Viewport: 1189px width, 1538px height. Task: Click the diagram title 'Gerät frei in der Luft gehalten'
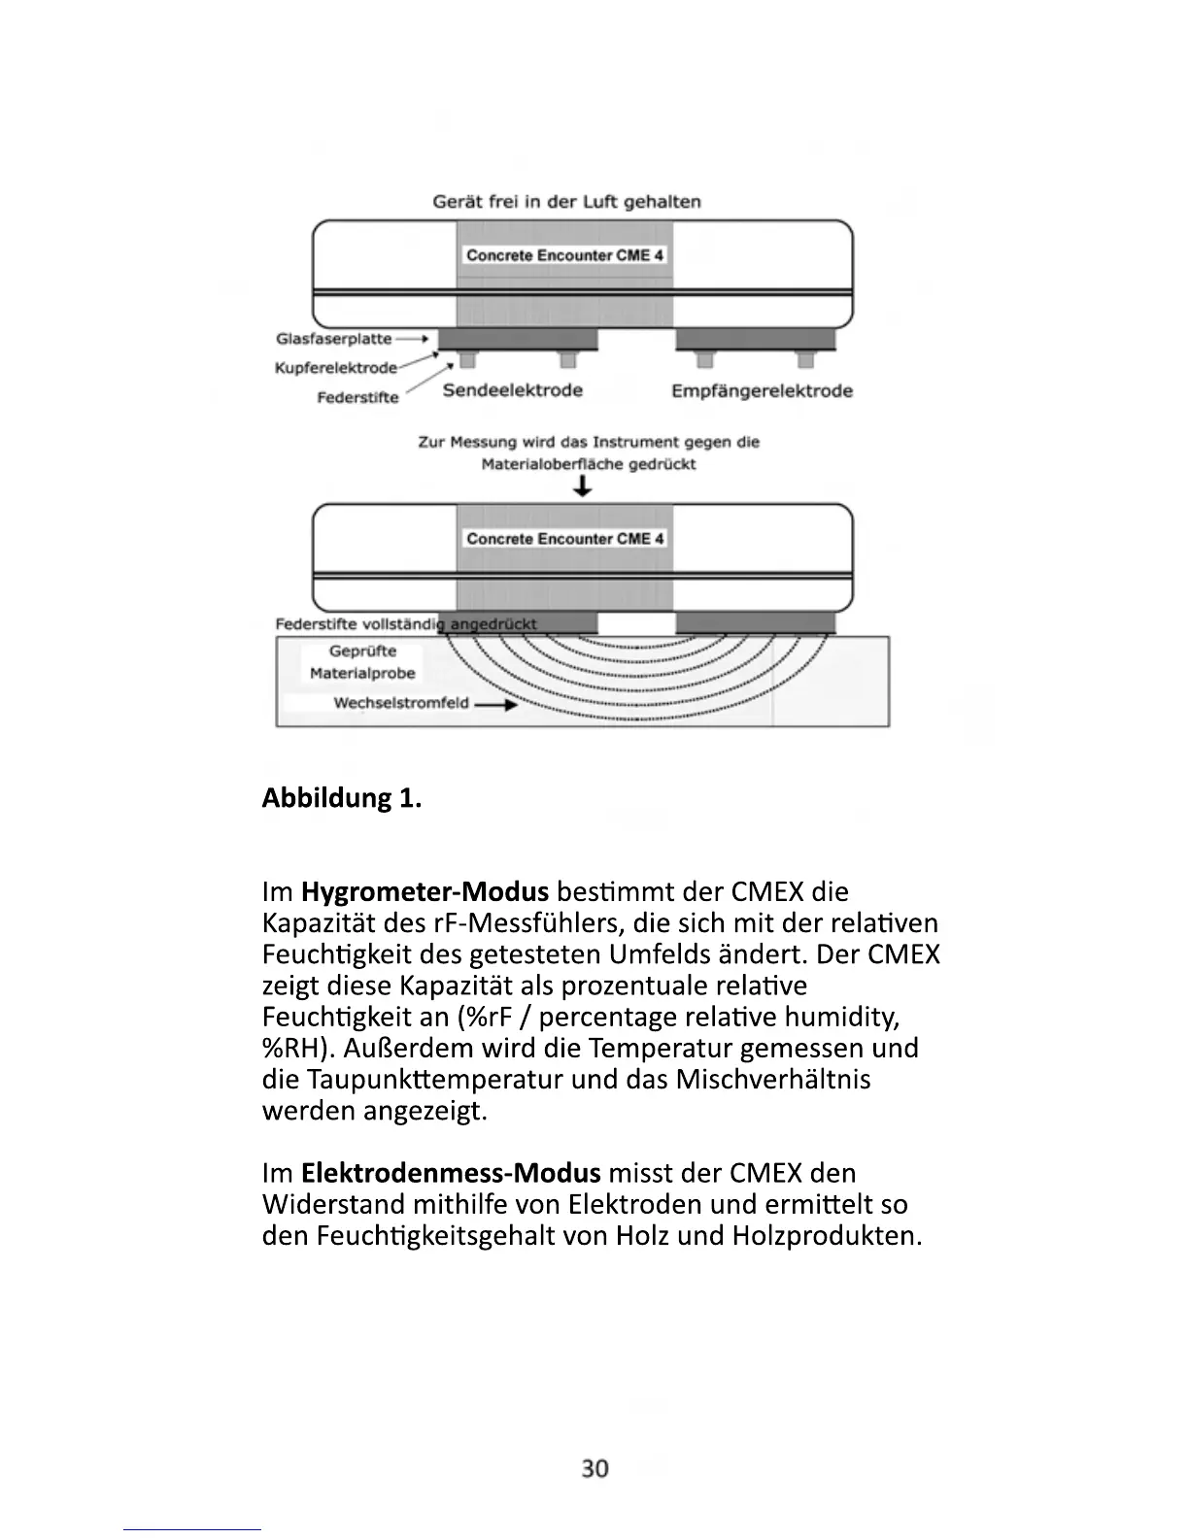(x=566, y=202)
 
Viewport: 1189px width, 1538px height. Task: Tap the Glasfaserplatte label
(x=334, y=339)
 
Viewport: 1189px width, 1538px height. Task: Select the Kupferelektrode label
(x=336, y=368)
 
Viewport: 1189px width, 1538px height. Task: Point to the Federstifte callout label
(x=357, y=398)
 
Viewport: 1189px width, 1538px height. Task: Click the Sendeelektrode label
(x=512, y=390)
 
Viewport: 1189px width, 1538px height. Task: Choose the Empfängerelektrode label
(x=762, y=391)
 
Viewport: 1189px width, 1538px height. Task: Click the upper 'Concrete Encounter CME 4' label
(x=564, y=255)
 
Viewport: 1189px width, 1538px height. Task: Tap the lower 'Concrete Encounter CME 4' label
(x=564, y=539)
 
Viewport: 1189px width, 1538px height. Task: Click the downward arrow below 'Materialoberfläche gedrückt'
(x=583, y=487)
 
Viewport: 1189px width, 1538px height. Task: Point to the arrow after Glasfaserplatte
(x=413, y=339)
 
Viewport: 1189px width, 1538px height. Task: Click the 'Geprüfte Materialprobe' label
(x=362, y=662)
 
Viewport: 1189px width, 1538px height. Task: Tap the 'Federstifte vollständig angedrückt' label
(x=405, y=623)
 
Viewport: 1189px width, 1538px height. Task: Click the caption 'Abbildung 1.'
(x=342, y=798)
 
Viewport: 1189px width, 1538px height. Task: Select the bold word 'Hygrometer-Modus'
(x=425, y=891)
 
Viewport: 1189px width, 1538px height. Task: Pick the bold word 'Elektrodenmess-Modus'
(x=451, y=1173)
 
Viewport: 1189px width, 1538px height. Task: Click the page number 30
(x=594, y=1468)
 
